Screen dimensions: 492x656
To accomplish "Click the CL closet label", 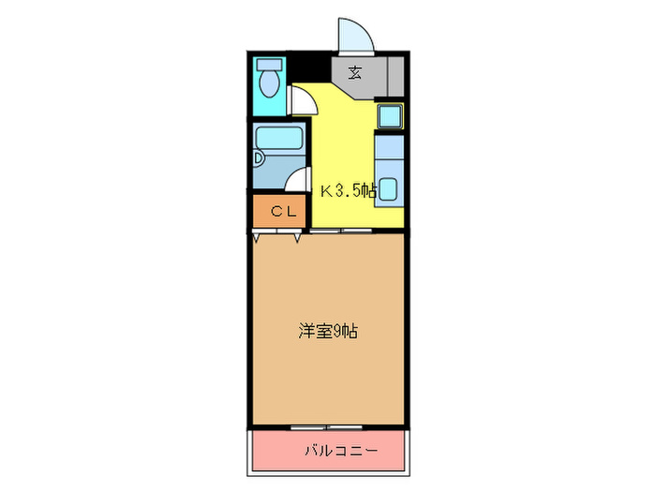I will coord(283,212).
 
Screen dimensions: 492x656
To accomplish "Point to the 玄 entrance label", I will coord(356,72).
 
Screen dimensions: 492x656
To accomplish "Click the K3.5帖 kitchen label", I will coord(349,191).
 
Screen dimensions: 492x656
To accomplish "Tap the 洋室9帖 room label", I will coord(327,331).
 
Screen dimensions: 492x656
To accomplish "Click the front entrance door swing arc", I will coord(357,36).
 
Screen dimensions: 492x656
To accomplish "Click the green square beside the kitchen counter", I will coord(389,116).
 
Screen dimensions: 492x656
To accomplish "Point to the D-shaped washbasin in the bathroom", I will coord(260,159).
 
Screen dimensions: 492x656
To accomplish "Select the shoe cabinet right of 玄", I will coord(395,73).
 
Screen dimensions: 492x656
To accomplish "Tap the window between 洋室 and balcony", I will coord(328,427).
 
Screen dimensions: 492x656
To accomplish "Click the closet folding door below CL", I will coord(277,237).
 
